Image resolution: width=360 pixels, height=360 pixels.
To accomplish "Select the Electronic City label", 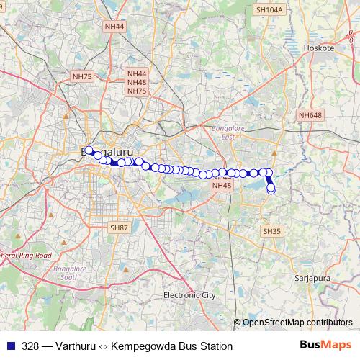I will (189, 295).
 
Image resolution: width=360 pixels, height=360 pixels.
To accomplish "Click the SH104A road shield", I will (270, 9).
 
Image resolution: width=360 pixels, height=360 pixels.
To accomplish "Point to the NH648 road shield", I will (310, 115).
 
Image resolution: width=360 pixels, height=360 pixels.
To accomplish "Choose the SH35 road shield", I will (271, 231).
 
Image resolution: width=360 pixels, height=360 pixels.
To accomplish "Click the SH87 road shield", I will (119, 228).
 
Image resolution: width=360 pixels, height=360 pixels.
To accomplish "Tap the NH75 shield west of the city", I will (82, 76).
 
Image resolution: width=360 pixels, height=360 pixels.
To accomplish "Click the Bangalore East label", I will (224, 132).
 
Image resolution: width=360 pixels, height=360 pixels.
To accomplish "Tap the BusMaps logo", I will (325, 346).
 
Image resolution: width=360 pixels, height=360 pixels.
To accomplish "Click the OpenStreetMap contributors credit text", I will (297, 322).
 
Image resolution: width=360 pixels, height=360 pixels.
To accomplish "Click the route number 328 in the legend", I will (31, 346).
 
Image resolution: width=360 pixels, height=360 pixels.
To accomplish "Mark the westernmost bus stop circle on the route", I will (89, 151).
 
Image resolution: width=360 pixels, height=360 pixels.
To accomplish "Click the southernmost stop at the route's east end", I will (271, 190).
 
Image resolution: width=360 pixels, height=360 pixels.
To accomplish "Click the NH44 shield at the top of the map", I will (114, 26).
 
